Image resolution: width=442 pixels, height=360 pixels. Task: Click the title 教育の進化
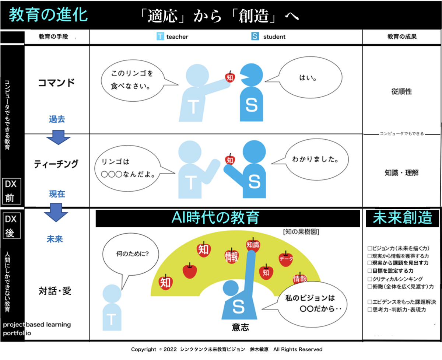coord(48,15)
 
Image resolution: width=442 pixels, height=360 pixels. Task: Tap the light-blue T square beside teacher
coord(160,36)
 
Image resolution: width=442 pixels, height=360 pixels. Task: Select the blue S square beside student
coord(255,36)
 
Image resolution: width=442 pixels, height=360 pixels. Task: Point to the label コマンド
coord(56,83)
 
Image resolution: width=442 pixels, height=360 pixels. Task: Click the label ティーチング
coord(56,164)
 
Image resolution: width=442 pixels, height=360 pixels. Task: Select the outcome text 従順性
coord(401,92)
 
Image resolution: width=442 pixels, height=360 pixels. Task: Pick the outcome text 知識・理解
coord(402,172)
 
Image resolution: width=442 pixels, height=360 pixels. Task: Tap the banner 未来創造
coord(402,219)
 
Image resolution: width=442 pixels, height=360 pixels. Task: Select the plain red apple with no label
coord(190,271)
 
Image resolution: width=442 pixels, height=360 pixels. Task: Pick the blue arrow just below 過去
coord(58,137)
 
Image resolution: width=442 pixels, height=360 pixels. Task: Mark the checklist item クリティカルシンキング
coord(395,279)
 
